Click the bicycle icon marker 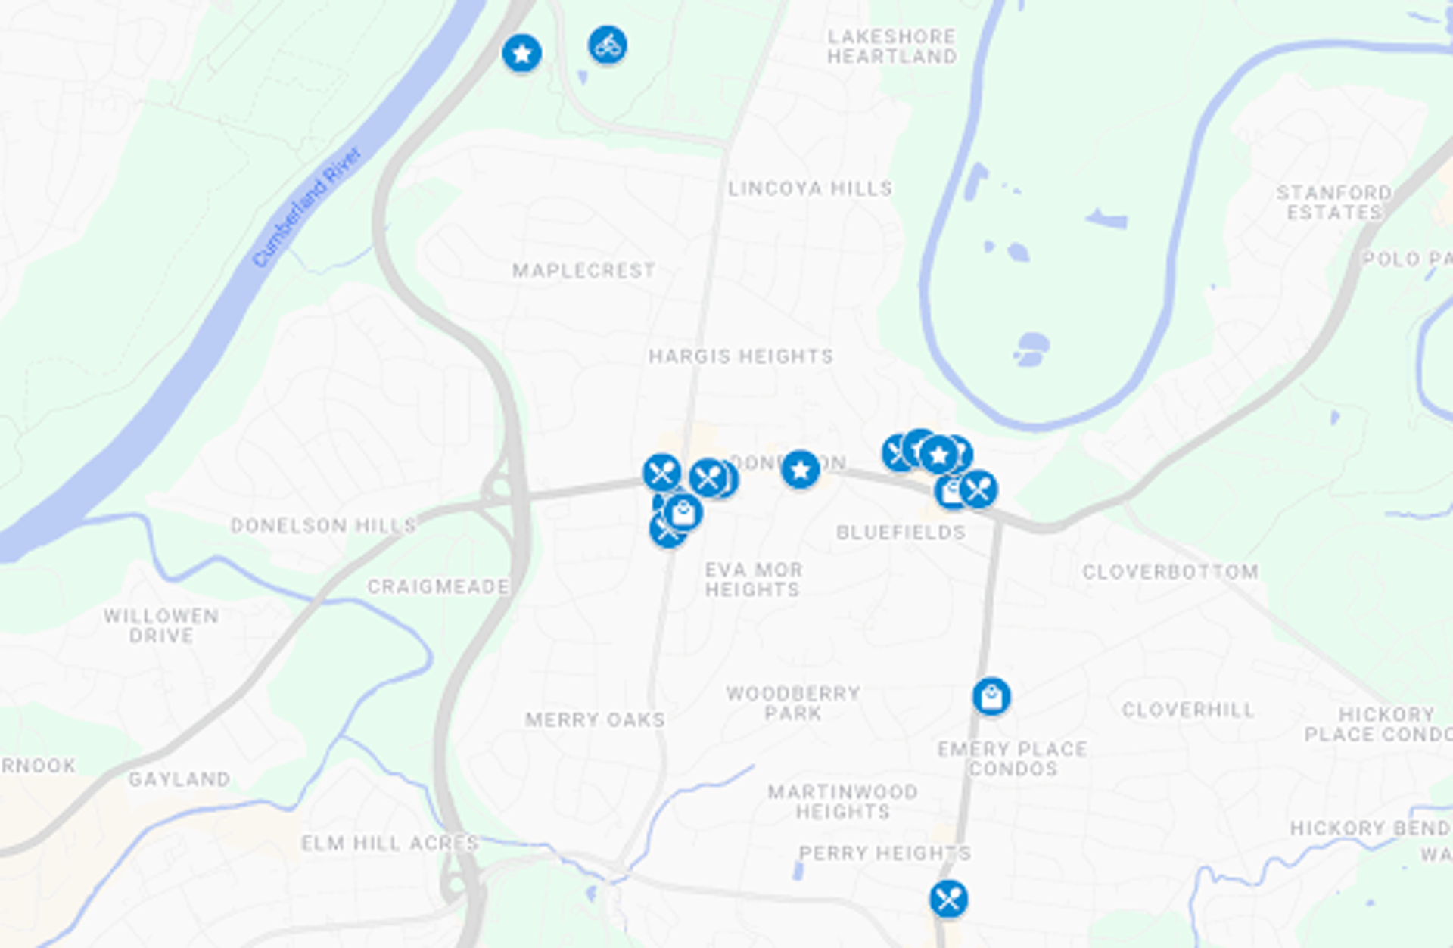pos(607,45)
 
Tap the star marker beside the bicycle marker pos(521,53)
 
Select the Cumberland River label pos(306,207)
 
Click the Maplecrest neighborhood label pos(583,270)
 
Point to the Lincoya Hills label pos(810,188)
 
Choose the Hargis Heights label pos(740,356)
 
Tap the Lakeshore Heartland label pos(891,46)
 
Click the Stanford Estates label pos(1334,202)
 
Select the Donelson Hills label pos(323,525)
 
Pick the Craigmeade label pos(438,586)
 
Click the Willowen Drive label pos(161,626)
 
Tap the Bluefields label pos(901,533)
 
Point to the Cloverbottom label pos(1170,572)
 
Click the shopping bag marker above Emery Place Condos pos(991,696)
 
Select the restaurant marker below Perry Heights pos(948,899)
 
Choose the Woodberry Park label pos(792,703)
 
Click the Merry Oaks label pos(595,720)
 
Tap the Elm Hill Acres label pos(390,843)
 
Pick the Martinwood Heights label pos(842,801)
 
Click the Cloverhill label pos(1187,710)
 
